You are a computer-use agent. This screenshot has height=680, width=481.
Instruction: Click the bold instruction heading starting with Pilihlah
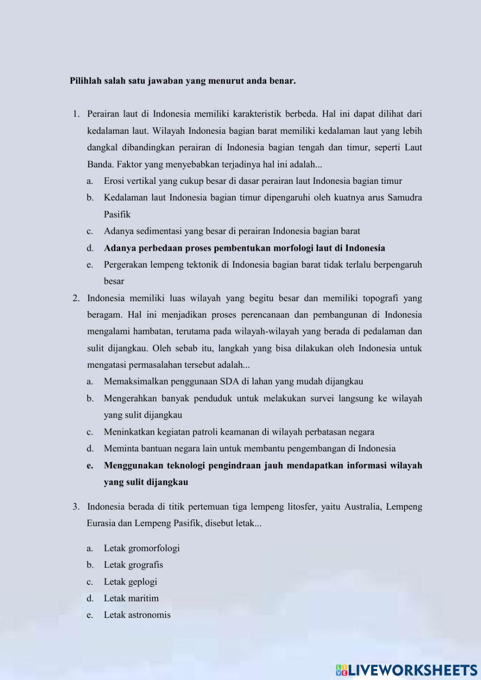(182, 81)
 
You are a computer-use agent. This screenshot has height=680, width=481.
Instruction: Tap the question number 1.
(76, 114)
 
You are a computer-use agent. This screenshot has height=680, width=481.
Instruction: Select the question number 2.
(76, 298)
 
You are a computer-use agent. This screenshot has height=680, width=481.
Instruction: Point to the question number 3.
(76, 507)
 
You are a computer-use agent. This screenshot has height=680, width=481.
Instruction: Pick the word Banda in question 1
(100, 164)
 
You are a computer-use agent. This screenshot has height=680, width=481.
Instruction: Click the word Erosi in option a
(114, 181)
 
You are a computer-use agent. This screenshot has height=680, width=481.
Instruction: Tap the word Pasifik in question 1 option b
(117, 215)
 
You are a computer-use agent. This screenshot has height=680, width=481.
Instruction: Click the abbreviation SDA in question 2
(229, 382)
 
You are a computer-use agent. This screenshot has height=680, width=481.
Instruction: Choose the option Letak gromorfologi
(141, 548)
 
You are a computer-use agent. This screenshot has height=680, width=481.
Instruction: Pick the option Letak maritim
(131, 598)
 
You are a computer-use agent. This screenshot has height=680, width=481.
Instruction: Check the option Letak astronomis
(137, 615)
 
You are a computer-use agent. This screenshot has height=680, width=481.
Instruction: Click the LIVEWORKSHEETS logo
(406, 670)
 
